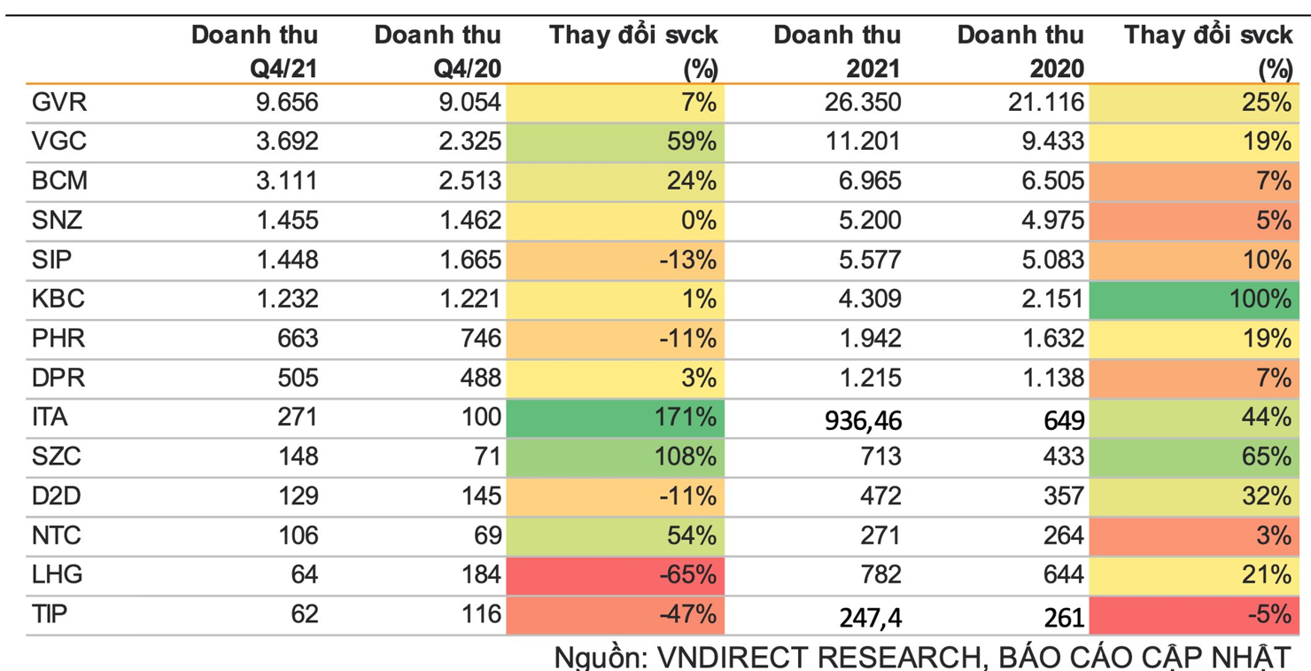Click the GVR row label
point(58,103)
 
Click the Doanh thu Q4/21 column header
point(255,51)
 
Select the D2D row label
point(56,495)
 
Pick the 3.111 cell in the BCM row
point(287,182)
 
